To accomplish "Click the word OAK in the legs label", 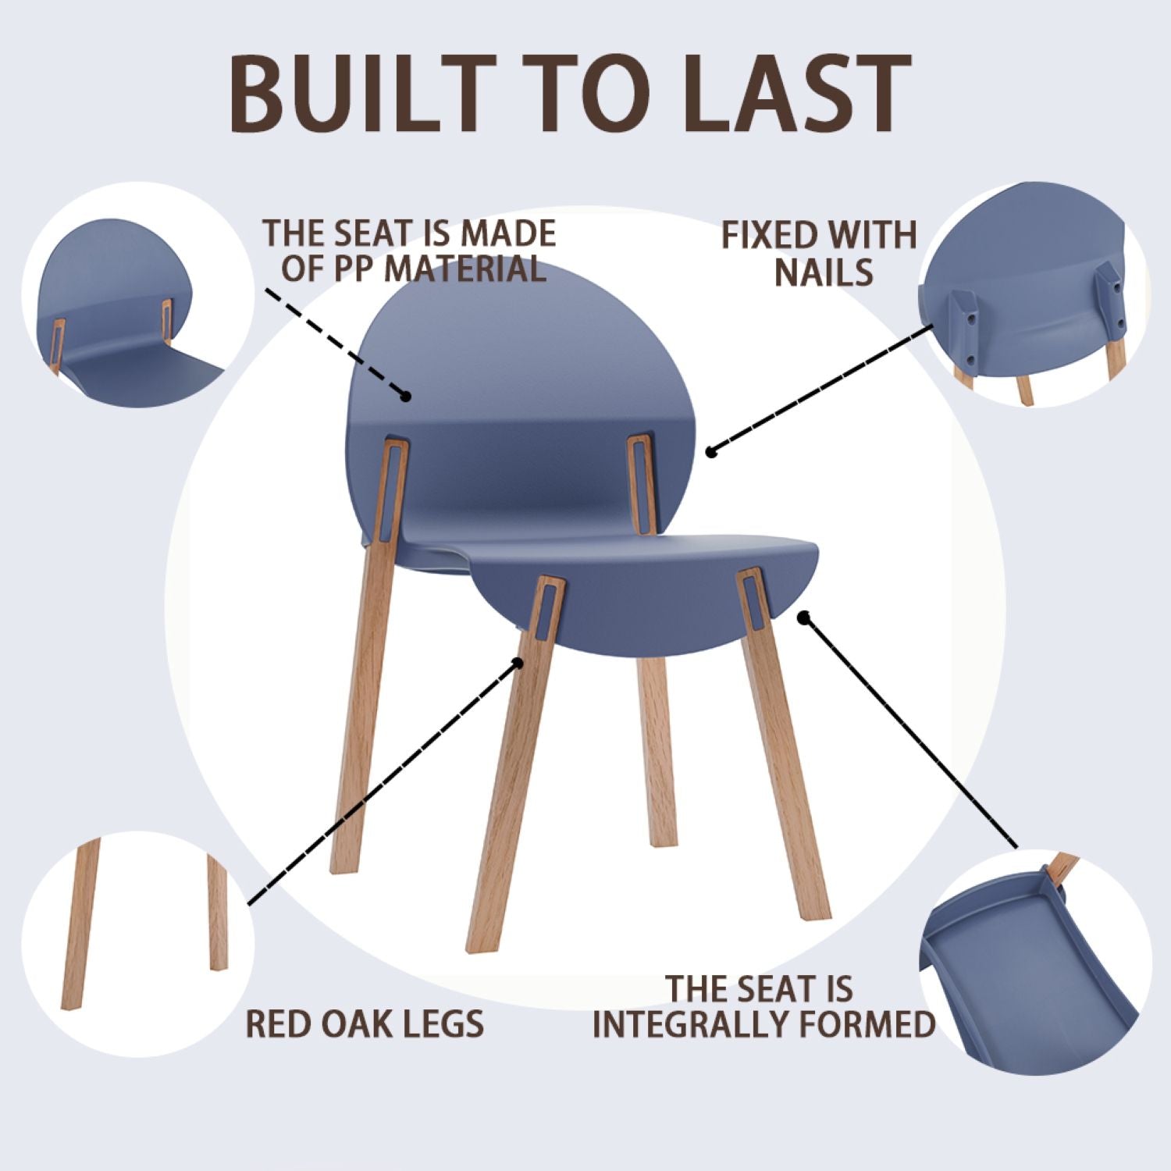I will (369, 1023).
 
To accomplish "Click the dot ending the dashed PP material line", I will (406, 397).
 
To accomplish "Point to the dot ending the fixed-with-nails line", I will (710, 451).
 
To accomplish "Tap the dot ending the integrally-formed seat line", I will (803, 617).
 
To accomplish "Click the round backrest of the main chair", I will (523, 351).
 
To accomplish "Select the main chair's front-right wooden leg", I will (785, 781).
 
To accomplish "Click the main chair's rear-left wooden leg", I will (363, 703).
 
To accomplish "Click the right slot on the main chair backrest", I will (640, 480).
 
